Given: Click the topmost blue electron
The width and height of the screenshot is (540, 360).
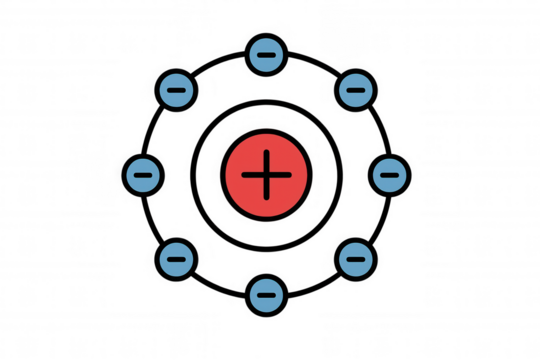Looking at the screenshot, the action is (x=265, y=50).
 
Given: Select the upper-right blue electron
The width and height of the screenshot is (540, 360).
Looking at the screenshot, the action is (x=352, y=90).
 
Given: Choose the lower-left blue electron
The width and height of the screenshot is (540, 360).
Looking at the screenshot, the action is (x=177, y=258).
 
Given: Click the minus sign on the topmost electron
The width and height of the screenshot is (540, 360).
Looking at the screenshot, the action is (x=265, y=50).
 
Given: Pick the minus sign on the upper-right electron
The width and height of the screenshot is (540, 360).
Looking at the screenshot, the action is (x=352, y=90).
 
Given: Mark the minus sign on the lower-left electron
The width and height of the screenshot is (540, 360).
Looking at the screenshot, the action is (x=177, y=258).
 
